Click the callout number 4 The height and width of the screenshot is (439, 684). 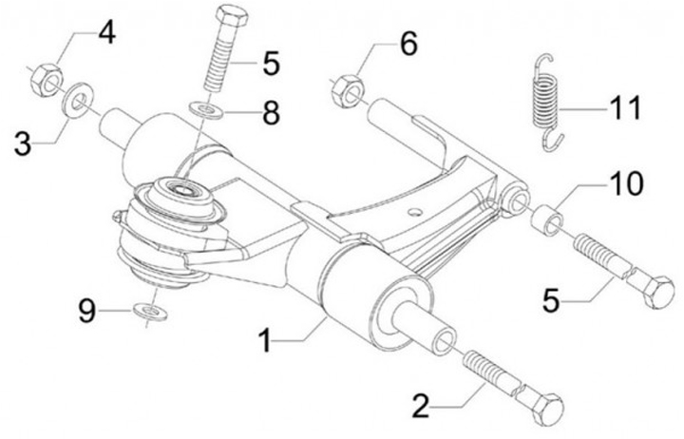(105, 34)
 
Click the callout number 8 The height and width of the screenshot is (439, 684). (271, 114)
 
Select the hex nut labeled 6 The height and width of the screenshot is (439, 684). (346, 88)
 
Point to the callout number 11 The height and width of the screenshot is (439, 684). (624, 107)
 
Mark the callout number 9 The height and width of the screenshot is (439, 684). (87, 312)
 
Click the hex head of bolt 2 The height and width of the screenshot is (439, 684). (548, 410)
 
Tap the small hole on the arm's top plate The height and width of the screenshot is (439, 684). (413, 206)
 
